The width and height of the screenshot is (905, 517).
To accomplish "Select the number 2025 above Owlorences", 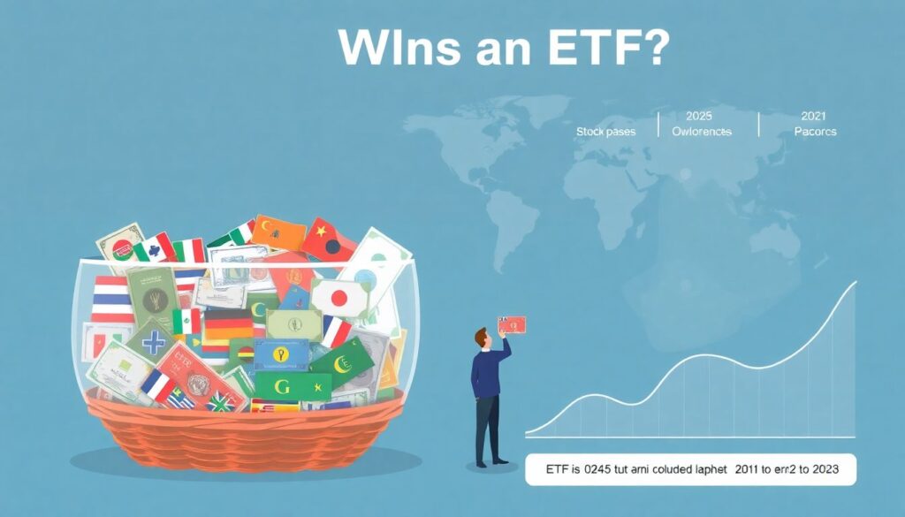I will click(698, 116).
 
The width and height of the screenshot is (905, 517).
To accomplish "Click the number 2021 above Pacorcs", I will click(814, 116).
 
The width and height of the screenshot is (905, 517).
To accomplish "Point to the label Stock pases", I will click(605, 132).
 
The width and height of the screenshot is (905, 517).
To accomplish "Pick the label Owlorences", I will click(702, 132).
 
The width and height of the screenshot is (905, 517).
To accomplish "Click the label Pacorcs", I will click(815, 132).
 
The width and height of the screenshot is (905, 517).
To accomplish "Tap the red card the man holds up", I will click(512, 324).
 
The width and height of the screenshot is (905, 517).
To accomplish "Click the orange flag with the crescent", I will click(278, 233).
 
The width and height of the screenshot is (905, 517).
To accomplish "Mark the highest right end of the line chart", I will click(855, 283).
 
